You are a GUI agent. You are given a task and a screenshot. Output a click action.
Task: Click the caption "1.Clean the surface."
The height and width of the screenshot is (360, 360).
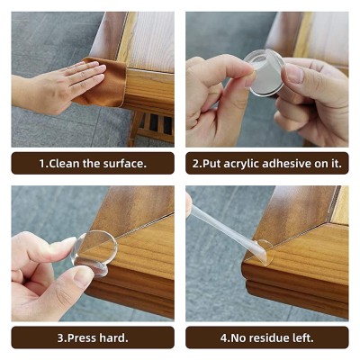[x=93, y=164]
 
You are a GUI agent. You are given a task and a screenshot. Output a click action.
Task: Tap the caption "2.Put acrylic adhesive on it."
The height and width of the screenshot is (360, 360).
[x=266, y=164]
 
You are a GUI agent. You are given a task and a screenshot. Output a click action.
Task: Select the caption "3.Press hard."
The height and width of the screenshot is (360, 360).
[x=93, y=337]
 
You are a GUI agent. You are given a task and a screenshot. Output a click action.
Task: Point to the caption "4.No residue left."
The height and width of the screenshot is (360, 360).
[x=266, y=337]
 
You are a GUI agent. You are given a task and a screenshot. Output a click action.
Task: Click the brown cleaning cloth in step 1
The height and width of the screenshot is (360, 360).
[x=105, y=85]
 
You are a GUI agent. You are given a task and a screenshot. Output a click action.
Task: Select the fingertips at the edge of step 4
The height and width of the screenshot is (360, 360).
[x=189, y=204]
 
